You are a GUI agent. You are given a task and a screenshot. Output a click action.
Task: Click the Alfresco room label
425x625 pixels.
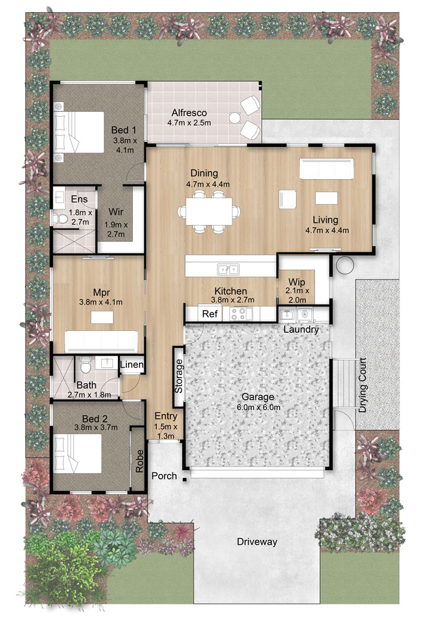coord(189,113)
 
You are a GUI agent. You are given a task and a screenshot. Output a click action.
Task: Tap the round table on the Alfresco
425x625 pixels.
coord(235,117)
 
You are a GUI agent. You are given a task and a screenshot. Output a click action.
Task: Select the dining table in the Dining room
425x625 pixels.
coord(209,211)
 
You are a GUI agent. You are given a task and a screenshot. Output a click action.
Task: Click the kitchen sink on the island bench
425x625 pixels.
coord(228,269)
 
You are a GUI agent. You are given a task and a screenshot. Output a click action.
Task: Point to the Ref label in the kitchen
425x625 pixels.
coord(209,314)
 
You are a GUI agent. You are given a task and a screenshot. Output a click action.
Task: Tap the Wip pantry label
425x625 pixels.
coord(296,282)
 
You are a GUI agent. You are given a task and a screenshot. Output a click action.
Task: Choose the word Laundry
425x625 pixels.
coord(301,330)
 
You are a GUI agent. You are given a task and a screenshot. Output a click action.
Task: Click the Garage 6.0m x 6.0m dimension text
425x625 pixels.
coord(258,407)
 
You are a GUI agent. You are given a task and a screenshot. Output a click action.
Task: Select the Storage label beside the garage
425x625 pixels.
coord(178,376)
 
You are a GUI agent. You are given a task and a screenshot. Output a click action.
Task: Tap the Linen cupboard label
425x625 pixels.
coord(132,364)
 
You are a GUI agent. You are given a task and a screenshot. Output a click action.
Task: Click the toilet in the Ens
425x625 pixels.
coord(59,218)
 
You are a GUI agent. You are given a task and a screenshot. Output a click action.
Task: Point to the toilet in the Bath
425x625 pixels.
coord(86,364)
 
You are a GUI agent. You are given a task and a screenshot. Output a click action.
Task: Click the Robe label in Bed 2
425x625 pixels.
coord(139,461)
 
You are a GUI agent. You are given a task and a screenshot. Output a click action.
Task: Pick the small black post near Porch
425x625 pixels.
coord(185,479)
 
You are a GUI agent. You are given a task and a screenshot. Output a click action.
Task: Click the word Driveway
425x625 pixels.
coord(257,542)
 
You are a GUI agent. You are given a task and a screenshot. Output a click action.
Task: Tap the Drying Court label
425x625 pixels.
coord(362,385)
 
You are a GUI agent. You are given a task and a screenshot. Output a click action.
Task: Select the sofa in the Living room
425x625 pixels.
coord(327,168)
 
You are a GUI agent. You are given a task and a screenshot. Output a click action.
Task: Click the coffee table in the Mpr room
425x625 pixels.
coord(102,318)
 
